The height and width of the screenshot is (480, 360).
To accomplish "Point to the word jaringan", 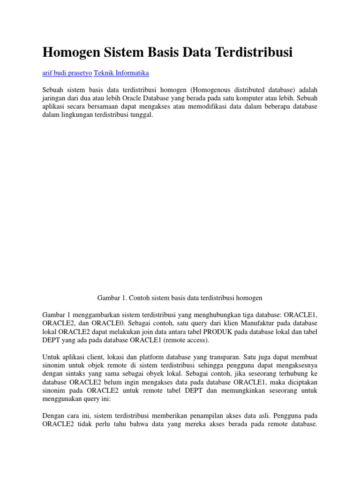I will click(x=56, y=98).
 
